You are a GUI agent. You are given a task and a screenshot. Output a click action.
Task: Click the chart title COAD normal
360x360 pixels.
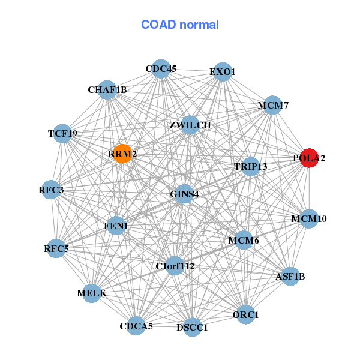point(179,25)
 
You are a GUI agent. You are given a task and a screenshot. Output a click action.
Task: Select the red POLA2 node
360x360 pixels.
point(309,158)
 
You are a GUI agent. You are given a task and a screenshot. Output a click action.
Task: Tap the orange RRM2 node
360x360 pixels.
point(122,154)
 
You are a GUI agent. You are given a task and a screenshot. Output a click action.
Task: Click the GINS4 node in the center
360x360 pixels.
point(184,194)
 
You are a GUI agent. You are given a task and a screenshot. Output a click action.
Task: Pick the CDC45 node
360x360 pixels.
point(160,69)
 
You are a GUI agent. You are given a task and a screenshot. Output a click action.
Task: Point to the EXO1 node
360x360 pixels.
point(222,71)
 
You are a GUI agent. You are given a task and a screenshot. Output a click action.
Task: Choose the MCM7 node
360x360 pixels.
point(273,105)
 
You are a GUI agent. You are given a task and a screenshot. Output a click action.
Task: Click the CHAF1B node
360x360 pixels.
point(107,89)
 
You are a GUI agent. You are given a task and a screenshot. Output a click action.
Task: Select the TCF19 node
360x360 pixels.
point(63,133)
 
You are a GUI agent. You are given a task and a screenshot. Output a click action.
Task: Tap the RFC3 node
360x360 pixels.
point(51,190)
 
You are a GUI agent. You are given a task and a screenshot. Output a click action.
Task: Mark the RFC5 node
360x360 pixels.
point(56,248)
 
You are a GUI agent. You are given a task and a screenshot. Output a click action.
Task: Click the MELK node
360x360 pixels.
point(92,293)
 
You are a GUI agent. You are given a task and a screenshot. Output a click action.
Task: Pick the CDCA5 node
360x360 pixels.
point(136,326)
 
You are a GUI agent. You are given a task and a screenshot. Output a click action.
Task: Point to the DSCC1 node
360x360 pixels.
point(192,327)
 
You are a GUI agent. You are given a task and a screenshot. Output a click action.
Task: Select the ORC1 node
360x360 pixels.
point(245,314)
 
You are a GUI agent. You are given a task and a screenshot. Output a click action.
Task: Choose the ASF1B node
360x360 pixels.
point(290,276)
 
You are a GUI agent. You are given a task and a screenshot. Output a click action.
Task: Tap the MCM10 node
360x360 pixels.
point(309,218)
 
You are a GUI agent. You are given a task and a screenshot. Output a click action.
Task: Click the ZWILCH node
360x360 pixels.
point(190,125)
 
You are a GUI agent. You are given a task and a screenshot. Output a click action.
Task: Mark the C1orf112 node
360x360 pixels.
point(175,266)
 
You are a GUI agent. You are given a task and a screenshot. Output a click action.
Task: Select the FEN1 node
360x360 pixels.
point(116,226)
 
